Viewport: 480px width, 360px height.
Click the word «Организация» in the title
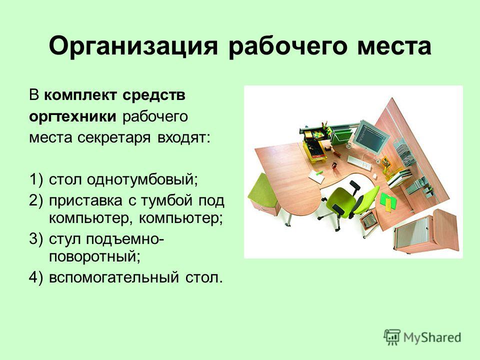(x=133, y=46)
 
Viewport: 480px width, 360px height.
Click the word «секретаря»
(x=114, y=138)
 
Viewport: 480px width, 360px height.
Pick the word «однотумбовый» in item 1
(x=142, y=179)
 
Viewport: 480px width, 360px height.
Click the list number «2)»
(x=36, y=201)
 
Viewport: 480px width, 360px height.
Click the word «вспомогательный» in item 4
(x=113, y=277)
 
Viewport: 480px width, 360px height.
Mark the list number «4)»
(x=36, y=277)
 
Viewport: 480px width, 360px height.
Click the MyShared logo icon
(x=392, y=337)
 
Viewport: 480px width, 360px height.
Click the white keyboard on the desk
(x=360, y=163)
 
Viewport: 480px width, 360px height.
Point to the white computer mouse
(x=374, y=175)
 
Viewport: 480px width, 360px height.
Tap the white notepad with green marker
(x=316, y=176)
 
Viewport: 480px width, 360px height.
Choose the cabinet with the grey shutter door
(x=426, y=231)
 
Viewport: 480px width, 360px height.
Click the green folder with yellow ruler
(x=388, y=201)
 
